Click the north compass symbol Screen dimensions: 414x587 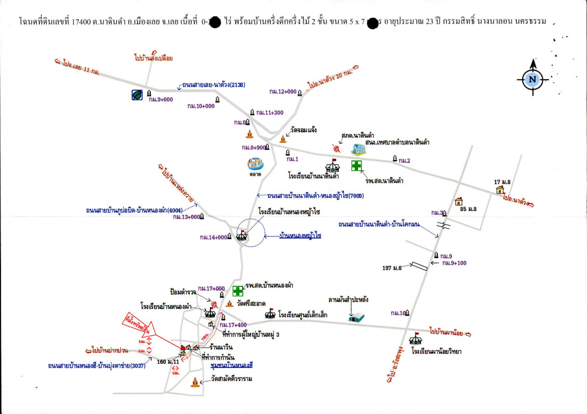[x=532, y=79]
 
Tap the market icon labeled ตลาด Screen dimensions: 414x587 [x=255, y=164]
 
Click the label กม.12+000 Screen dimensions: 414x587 [x=282, y=92]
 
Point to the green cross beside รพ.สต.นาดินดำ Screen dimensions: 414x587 [x=356, y=166]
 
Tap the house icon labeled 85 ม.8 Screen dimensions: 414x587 [x=459, y=202]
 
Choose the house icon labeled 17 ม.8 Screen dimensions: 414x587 [x=500, y=190]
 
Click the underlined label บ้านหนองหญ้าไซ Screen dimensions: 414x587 [x=300, y=235]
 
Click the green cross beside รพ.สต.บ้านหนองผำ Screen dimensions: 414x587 [x=238, y=291]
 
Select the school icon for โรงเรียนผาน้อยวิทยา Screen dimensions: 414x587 [x=415, y=339]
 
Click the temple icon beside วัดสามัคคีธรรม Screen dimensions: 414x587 [x=195, y=382]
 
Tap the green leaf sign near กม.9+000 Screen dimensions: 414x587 [x=137, y=95]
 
